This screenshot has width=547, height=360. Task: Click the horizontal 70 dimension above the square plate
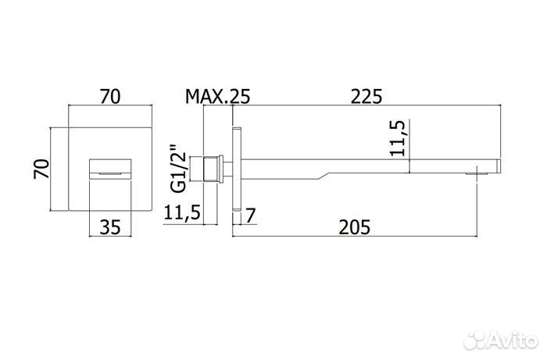(x=109, y=97)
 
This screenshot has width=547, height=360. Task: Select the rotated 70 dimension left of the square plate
(x=43, y=168)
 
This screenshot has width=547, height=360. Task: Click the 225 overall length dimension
(x=366, y=97)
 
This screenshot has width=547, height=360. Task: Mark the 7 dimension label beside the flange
(x=251, y=214)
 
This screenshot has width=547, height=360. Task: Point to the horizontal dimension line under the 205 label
(x=356, y=237)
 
